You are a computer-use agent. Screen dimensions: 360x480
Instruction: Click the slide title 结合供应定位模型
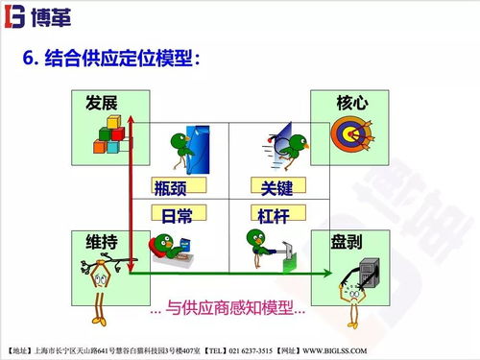[x=119, y=60]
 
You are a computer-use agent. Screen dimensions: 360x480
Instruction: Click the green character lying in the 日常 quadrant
[x=173, y=248]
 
